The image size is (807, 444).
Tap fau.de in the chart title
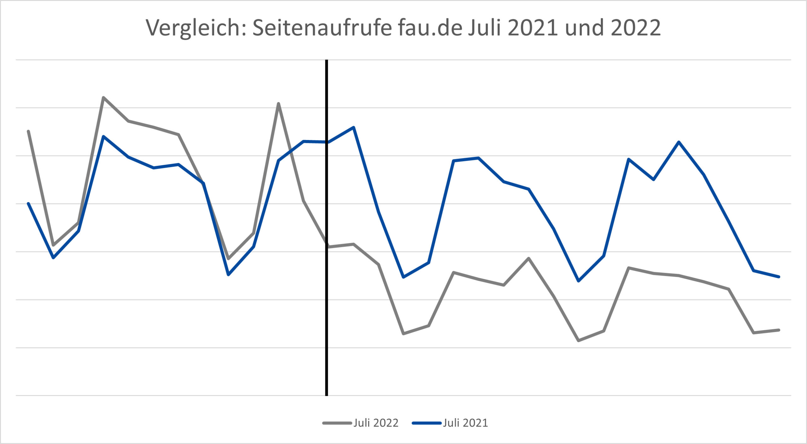(x=430, y=28)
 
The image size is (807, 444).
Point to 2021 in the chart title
(x=533, y=28)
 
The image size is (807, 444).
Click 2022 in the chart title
(x=636, y=28)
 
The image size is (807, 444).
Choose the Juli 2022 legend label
(x=376, y=423)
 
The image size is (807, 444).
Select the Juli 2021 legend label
(x=465, y=423)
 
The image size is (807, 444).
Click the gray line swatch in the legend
(x=337, y=423)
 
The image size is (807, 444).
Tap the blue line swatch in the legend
(x=426, y=423)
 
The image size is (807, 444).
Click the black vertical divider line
(x=327, y=315)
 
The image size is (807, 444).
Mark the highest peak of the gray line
(x=103, y=97)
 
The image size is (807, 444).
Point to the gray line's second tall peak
(x=278, y=103)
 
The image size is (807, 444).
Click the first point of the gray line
(x=28, y=131)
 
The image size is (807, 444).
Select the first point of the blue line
(x=28, y=203)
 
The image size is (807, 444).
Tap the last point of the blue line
(x=779, y=277)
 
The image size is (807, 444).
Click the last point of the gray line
(x=779, y=330)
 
